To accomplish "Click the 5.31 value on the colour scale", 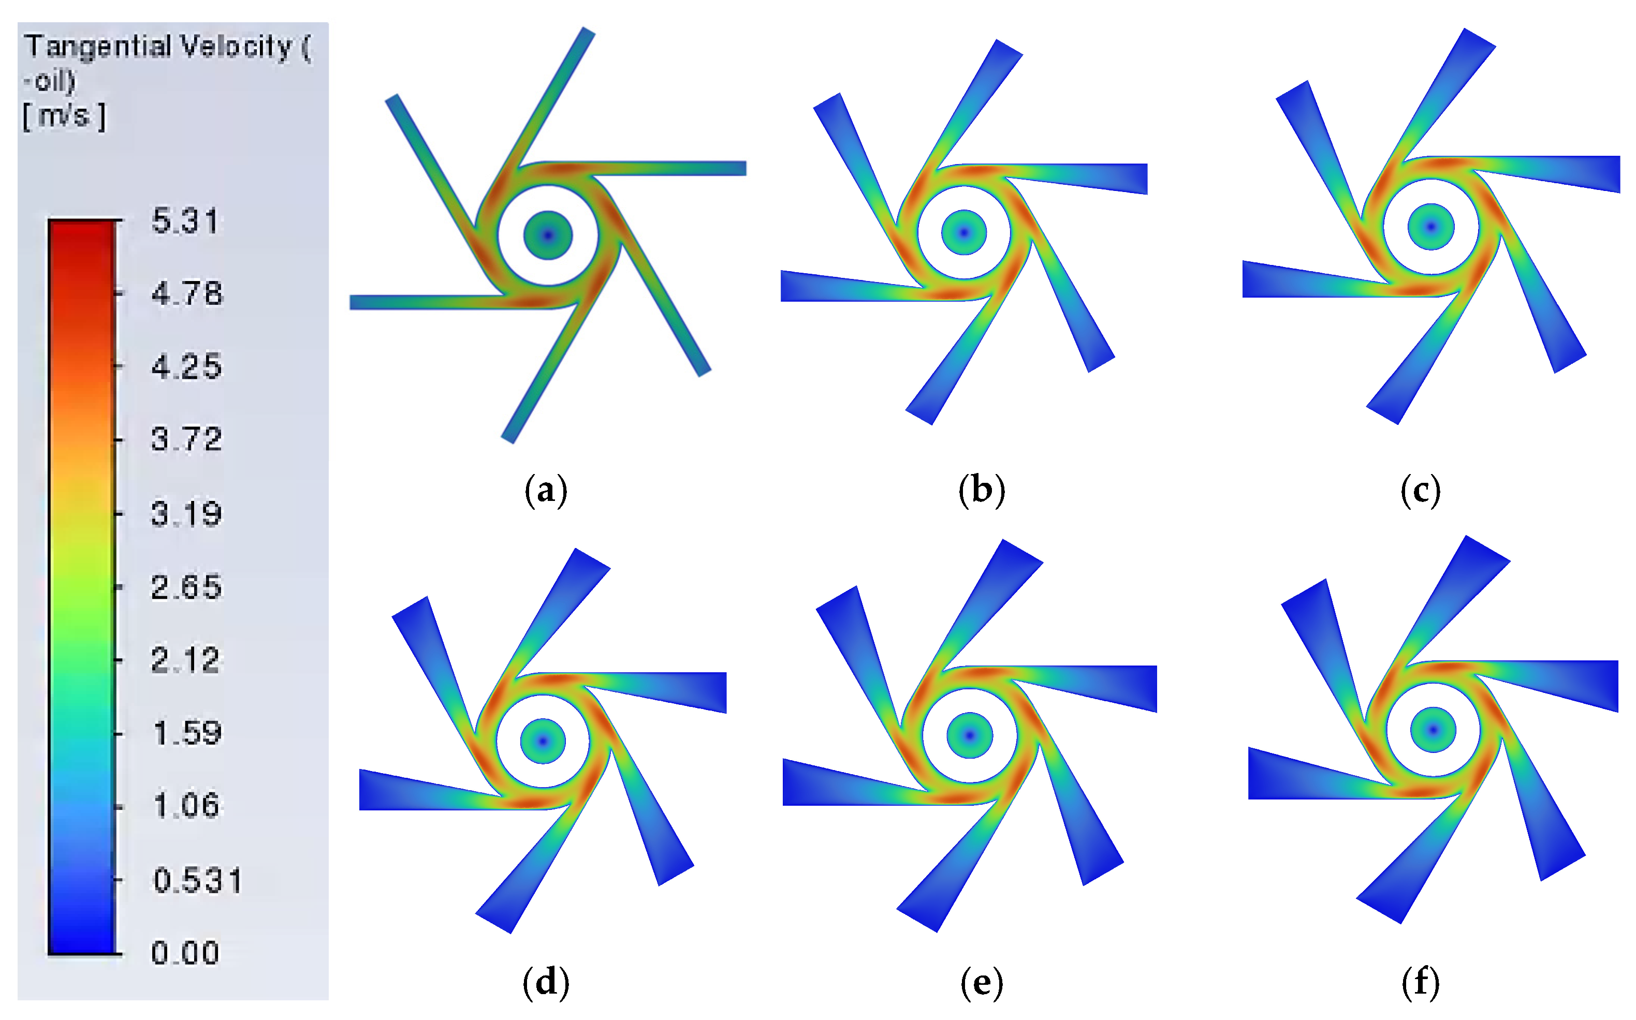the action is tap(185, 221).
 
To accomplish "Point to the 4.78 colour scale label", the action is tap(186, 294).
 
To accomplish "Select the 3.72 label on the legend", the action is tap(186, 439).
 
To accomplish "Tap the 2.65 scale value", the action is tap(186, 587).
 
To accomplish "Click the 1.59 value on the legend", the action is tap(187, 733).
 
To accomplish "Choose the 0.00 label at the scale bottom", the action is tap(185, 953).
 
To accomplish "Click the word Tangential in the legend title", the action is tap(98, 47).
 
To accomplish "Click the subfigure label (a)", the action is tap(545, 491).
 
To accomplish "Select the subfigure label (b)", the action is tap(981, 491).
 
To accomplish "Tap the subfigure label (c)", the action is tap(1420, 491).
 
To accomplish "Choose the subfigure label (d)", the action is tap(545, 983).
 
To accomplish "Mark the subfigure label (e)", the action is tap(981, 983).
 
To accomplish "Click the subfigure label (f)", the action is tap(1420, 983).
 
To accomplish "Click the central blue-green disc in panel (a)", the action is tap(548, 235).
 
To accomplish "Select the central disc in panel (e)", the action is tap(969, 735).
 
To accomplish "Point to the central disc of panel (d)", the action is tap(543, 741).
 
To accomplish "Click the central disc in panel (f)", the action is tap(1433, 730).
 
